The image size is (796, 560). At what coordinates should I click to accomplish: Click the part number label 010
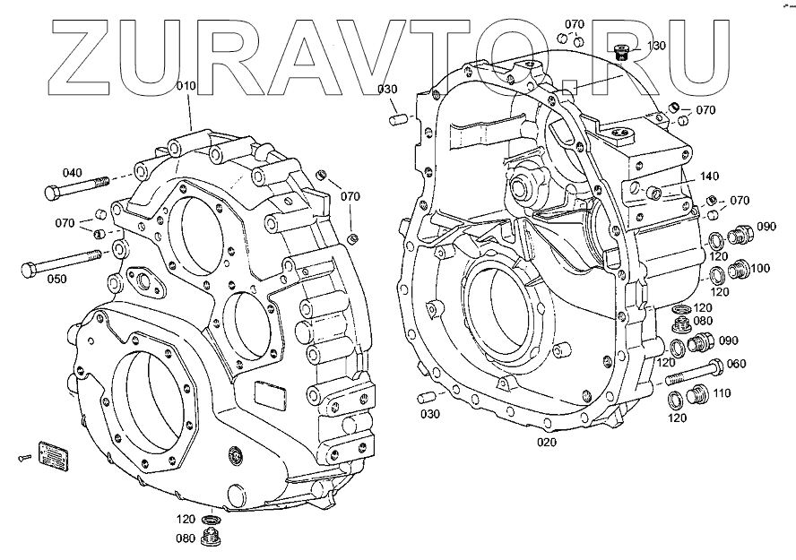(x=186, y=86)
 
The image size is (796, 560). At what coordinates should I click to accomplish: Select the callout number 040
(x=72, y=172)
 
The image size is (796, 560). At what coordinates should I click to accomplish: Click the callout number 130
(x=656, y=46)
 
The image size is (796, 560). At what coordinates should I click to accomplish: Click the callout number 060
(x=735, y=364)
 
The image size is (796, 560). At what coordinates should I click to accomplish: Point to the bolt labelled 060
(x=696, y=370)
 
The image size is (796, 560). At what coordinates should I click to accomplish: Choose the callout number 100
(x=759, y=268)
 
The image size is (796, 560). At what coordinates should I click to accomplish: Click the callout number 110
(x=722, y=392)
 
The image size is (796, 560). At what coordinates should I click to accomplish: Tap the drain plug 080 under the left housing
(x=213, y=536)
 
